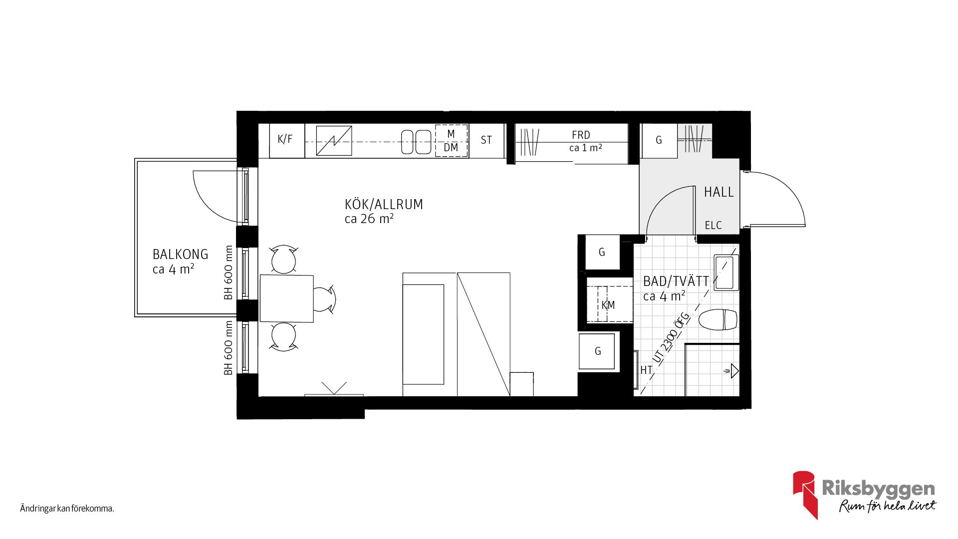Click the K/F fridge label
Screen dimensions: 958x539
285,139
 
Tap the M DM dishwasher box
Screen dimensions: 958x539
451,141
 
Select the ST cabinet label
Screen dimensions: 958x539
486,140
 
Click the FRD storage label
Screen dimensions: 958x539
581,135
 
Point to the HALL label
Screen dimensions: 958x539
718,192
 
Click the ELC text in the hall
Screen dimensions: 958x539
713,226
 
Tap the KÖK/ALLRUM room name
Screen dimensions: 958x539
384,204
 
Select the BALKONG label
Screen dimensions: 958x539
180,255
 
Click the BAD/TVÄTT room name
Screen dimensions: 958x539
676,281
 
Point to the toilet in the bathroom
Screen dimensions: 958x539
718,320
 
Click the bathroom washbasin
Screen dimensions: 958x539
726,272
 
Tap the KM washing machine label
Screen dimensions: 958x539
608,305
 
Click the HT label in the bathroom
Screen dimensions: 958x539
646,370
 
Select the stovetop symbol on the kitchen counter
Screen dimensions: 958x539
334,141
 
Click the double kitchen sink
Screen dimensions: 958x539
416,142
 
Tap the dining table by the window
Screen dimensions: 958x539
286,298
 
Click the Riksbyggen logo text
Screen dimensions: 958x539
878,489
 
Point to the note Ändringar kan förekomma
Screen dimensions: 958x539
67,509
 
